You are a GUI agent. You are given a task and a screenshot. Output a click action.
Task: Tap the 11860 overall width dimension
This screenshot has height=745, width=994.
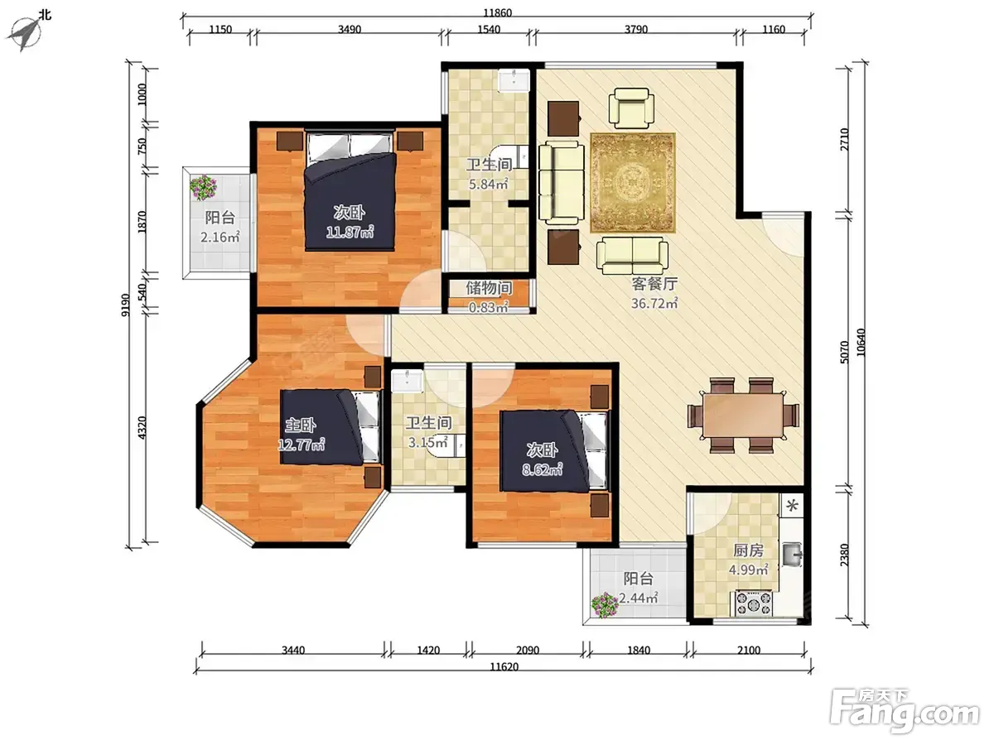(x=497, y=12)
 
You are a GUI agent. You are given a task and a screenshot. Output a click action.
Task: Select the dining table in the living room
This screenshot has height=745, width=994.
(x=743, y=415)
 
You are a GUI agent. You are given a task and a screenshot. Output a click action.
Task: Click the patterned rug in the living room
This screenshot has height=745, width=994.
(x=633, y=183)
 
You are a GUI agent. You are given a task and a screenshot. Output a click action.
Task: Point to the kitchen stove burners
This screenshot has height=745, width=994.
(x=753, y=603)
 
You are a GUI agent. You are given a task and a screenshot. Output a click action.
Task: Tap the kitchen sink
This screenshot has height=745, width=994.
(x=792, y=555)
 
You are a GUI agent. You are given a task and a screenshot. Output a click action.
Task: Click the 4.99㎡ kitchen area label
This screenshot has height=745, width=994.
(x=748, y=570)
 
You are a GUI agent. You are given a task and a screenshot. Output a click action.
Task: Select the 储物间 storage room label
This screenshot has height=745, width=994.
(x=489, y=288)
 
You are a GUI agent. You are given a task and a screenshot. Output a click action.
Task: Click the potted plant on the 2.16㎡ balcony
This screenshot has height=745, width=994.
(x=203, y=187)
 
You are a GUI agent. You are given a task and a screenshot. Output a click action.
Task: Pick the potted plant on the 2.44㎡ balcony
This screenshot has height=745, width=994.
(x=605, y=605)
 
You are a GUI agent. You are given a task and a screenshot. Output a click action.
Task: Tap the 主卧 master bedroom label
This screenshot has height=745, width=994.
(x=300, y=425)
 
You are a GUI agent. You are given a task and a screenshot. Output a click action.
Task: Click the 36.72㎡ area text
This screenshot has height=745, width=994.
(x=654, y=304)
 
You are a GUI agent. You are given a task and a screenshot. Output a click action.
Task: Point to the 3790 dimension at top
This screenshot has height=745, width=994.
(x=636, y=30)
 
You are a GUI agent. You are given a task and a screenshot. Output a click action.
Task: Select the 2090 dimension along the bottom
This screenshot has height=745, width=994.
(x=528, y=651)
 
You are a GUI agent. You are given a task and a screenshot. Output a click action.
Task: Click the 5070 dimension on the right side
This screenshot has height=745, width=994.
(x=844, y=352)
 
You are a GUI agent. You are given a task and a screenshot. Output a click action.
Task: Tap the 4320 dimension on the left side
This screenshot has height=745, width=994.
(x=142, y=427)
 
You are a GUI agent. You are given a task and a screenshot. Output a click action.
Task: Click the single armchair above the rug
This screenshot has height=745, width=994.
(x=631, y=108)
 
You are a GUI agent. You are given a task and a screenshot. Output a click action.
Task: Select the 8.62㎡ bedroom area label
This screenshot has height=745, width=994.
(x=542, y=470)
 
